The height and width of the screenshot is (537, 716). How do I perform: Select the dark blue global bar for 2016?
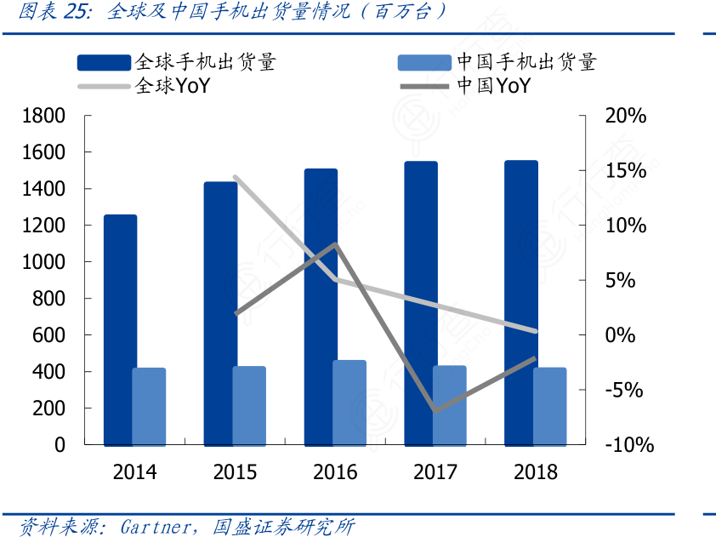[321, 306]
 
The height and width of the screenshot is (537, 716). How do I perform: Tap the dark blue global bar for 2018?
[520, 302]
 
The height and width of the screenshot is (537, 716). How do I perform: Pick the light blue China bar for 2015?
[249, 405]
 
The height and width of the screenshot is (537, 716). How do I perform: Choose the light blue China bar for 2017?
[450, 405]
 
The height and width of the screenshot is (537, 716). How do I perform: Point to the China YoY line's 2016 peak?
[336, 245]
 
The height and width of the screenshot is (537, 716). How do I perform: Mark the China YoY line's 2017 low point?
[435, 410]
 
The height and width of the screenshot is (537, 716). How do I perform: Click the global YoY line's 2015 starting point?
[235, 177]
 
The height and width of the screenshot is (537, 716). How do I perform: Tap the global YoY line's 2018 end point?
[535, 331]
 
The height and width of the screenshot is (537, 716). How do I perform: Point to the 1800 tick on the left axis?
[44, 116]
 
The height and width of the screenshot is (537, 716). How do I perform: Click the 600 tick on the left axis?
[49, 335]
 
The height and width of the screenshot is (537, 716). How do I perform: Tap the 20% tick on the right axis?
[626, 116]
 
